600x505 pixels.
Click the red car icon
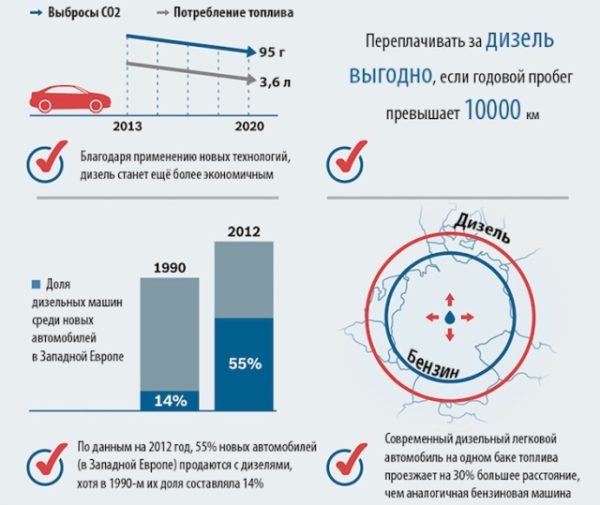[69, 97]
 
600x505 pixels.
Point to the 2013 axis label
[126, 127]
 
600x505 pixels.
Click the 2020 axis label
[249, 127]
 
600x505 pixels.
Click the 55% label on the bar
[244, 362]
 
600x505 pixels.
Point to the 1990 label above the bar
[170, 267]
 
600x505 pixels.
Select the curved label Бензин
[435, 359]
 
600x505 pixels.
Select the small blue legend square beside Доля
[37, 284]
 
